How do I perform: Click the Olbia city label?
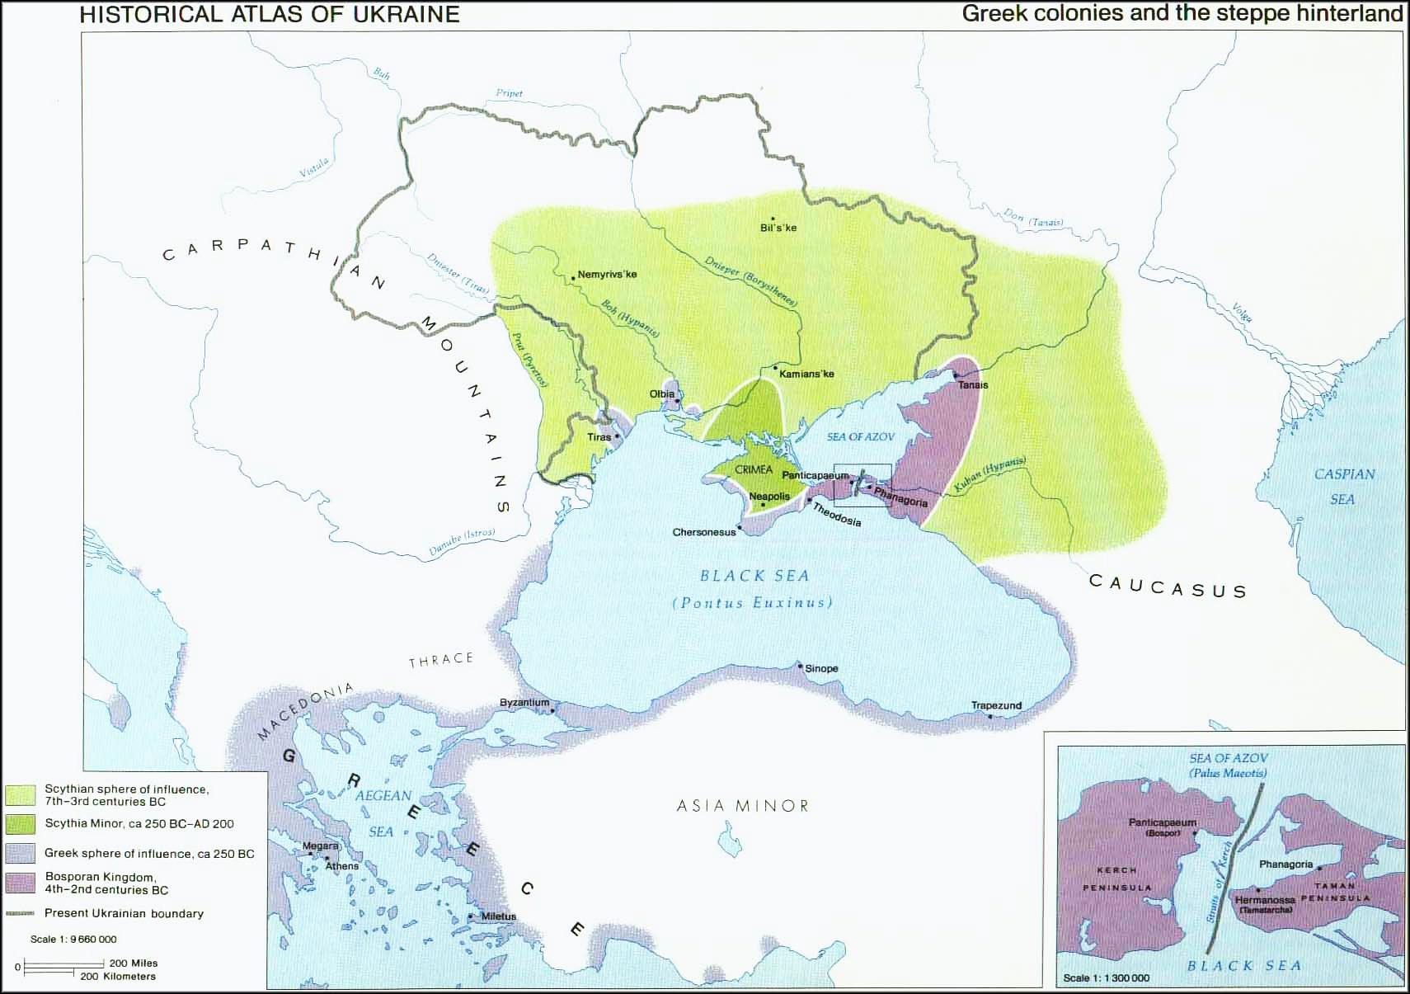tap(661, 394)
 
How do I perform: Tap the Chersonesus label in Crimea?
tap(703, 532)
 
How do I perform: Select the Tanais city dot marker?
tap(955, 375)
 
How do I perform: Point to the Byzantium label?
tap(524, 703)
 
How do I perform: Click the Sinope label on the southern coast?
tap(821, 668)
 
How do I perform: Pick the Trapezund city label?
tap(996, 705)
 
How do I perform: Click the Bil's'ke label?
tap(778, 228)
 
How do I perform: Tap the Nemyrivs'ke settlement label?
tap(607, 275)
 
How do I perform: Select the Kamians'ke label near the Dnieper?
tap(806, 374)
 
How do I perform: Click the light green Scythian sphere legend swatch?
tap(21, 795)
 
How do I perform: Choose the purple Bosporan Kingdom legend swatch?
tap(21, 883)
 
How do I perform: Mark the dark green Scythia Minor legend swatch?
tap(21, 823)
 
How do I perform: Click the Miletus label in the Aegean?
tap(499, 916)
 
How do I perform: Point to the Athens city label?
tap(342, 866)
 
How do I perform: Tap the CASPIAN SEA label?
tap(1344, 486)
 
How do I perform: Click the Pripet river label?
tap(509, 93)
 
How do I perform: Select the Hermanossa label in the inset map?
tap(1265, 900)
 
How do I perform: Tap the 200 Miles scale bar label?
tap(134, 963)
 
